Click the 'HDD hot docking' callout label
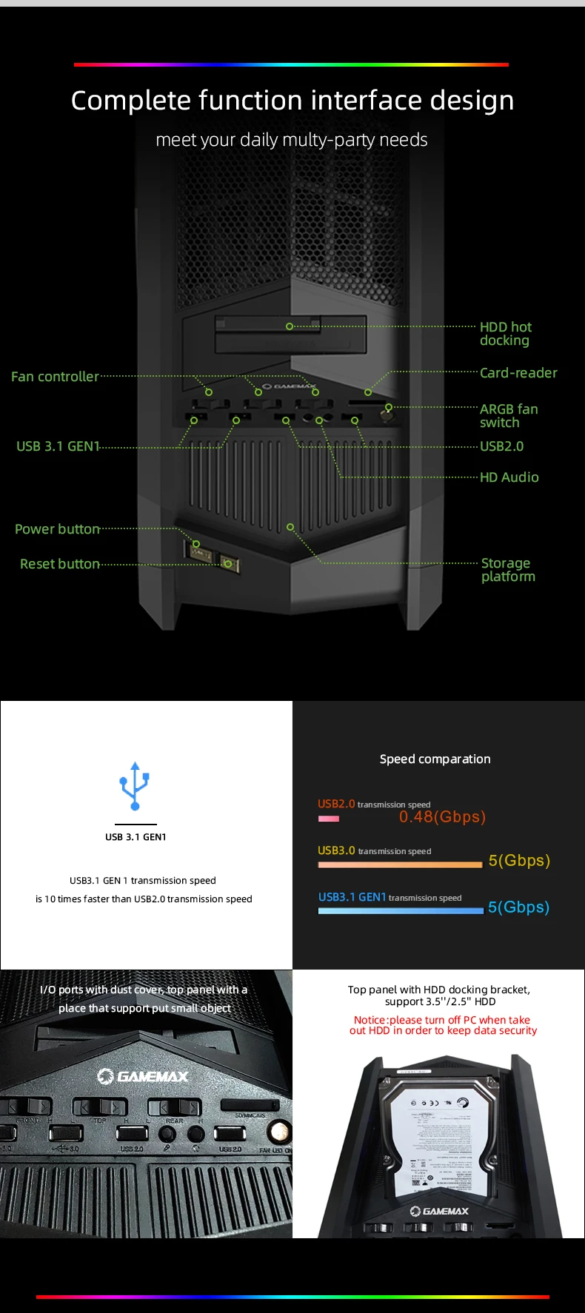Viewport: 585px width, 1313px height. pos(505,334)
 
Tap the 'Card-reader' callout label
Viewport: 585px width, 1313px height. pos(518,373)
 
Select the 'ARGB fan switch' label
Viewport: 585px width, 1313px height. pos(509,416)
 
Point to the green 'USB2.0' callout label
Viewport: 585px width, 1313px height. pos(501,446)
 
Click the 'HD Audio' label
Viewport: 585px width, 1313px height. pos(509,477)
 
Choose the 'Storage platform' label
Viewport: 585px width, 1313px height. pos(507,570)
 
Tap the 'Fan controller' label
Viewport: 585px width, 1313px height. pos(55,377)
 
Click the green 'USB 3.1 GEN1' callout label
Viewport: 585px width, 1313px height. pos(58,446)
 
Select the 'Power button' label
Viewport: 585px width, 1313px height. pos(57,529)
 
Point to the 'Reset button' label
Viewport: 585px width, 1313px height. pos(59,564)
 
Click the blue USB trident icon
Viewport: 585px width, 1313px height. pos(135,785)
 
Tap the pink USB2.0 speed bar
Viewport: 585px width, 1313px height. pos(329,819)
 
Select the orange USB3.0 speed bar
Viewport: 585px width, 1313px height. pos(400,864)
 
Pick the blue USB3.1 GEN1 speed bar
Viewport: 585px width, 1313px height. pos(400,911)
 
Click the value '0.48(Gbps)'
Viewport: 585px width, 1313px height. pos(442,817)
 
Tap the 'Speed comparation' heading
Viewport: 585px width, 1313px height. pos(435,759)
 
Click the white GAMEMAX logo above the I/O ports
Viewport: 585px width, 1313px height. pos(143,1076)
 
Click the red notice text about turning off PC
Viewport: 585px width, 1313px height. pos(443,1025)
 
